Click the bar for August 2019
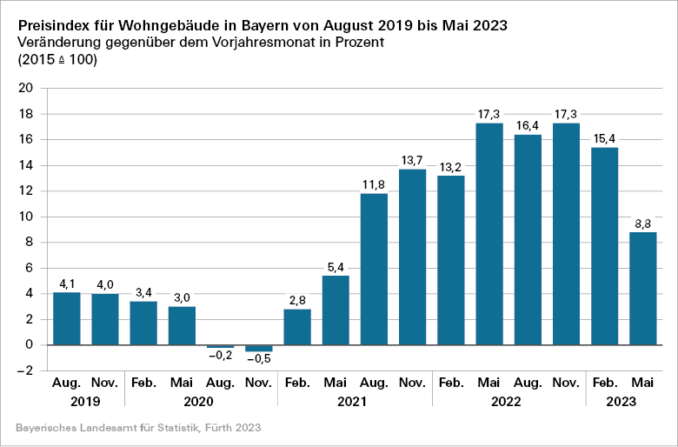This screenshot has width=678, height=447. click(67, 318)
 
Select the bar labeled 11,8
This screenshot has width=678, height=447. click(374, 269)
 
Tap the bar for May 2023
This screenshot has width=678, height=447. click(643, 288)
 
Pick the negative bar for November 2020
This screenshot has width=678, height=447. click(259, 348)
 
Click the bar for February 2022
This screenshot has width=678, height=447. click(450, 260)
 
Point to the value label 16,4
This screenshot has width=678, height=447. click(528, 126)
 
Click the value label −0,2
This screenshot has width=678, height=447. click(220, 357)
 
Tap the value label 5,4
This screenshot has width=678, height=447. click(336, 267)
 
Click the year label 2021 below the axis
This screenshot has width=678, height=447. click(355, 402)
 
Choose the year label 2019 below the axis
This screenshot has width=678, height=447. click(85, 402)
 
